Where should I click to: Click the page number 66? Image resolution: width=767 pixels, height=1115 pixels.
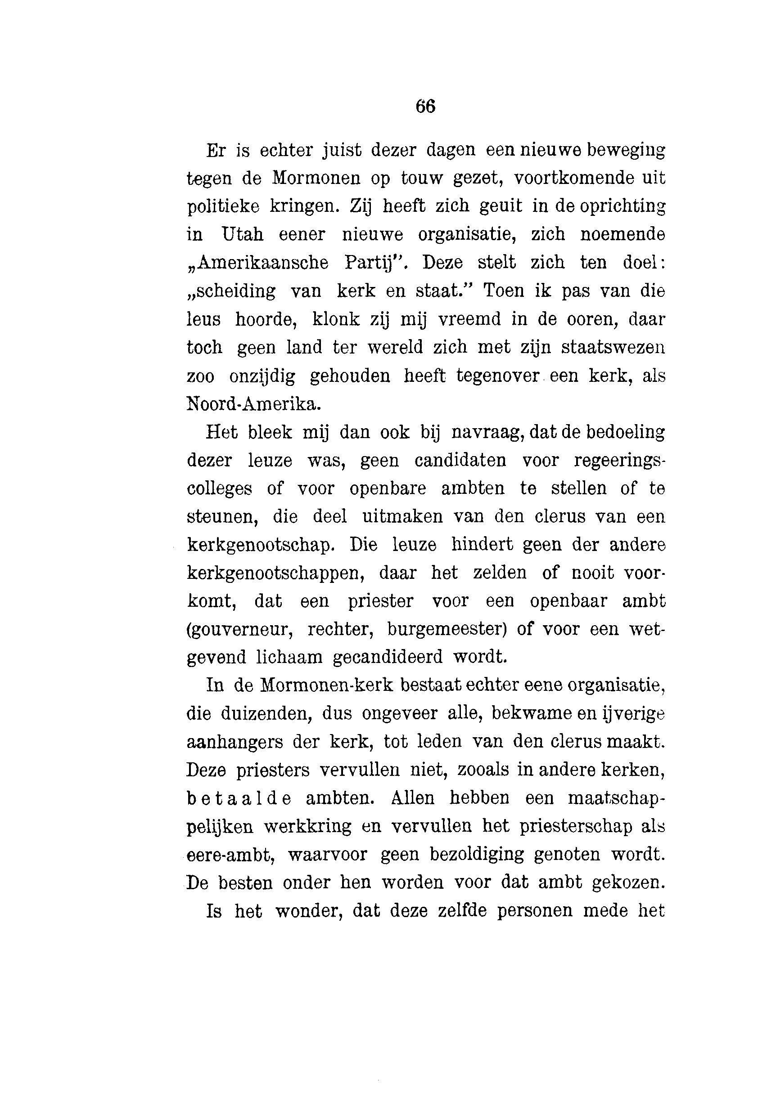pos(425,106)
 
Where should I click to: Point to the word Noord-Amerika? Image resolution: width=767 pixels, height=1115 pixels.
pos(253,404)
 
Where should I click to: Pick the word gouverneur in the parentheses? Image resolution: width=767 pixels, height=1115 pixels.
pos(240,629)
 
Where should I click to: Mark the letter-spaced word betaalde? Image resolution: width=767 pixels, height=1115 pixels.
pos(239,798)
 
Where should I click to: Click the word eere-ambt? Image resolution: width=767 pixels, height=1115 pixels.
pos(230,855)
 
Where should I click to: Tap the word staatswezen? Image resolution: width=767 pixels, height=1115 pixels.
pos(613,347)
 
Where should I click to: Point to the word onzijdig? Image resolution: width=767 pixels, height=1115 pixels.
pos(262,376)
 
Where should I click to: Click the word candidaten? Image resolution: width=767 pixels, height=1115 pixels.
pos(460,461)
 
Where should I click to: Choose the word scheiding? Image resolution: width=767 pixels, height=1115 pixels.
pos(232,291)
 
